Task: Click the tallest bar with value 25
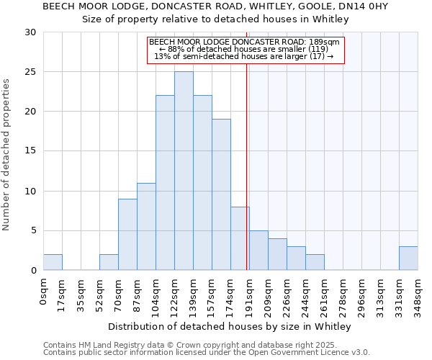point(184,171)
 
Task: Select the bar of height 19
point(221,194)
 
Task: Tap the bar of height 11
point(146,226)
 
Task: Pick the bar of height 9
point(127,234)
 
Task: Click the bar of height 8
point(240,238)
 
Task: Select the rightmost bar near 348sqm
point(408,258)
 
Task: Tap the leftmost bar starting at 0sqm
point(53,262)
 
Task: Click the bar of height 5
point(258,250)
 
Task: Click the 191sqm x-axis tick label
point(249,294)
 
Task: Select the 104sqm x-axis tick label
point(156,294)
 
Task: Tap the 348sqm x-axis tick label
point(418,294)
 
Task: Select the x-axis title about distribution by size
point(230,327)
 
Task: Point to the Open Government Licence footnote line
point(207,353)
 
